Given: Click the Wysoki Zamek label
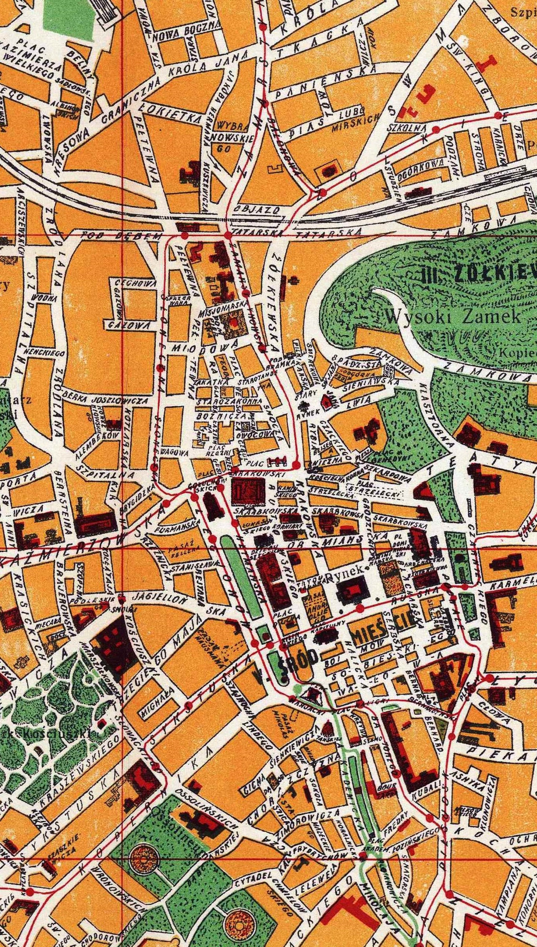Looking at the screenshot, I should click(x=454, y=316).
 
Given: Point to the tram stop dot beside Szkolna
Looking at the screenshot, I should click(x=436, y=129).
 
